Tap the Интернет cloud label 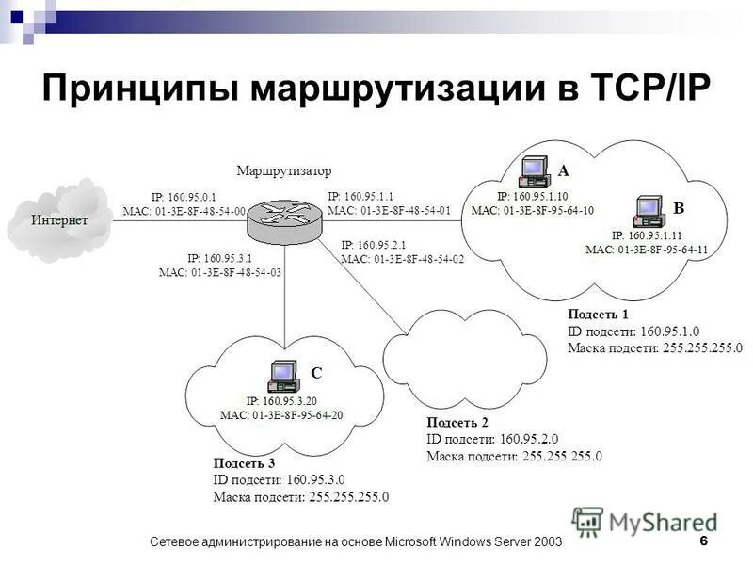(x=59, y=220)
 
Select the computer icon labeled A (x=535, y=170)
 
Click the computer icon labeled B (x=649, y=213)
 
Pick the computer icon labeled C (x=282, y=377)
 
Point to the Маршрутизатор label (x=284, y=171)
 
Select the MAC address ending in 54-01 (x=389, y=210)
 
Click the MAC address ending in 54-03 (x=220, y=271)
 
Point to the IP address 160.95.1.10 (x=533, y=196)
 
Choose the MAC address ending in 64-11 (x=647, y=250)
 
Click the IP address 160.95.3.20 (x=281, y=401)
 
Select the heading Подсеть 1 (x=598, y=314)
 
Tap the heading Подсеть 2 (x=457, y=422)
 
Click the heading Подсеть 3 (x=244, y=462)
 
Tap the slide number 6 (x=704, y=541)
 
